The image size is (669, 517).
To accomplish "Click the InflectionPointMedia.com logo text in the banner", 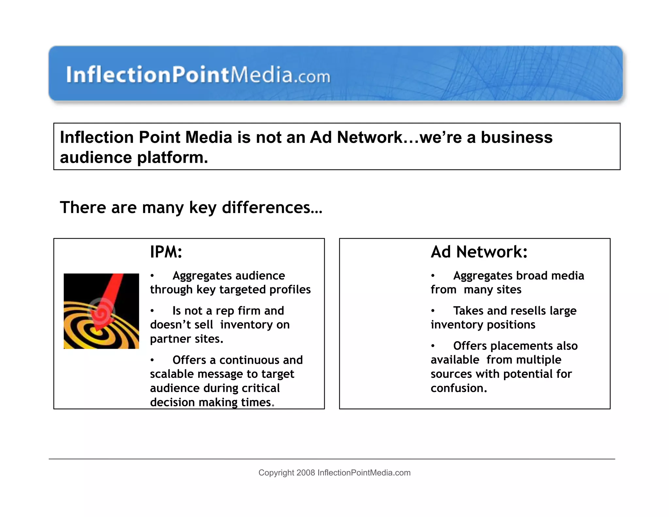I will pyautogui.click(x=198, y=75).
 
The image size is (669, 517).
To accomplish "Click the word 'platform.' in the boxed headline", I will pyautogui.click(x=172, y=158).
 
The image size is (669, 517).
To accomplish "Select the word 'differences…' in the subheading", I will pyautogui.click(x=272, y=208).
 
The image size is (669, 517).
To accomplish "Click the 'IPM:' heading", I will pyautogui.click(x=166, y=252).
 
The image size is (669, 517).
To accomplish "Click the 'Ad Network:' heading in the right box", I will pyautogui.click(x=479, y=252).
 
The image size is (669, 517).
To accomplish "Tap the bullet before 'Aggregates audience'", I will pyautogui.click(x=152, y=276).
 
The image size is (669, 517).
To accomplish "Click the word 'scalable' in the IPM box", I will pyautogui.click(x=171, y=374).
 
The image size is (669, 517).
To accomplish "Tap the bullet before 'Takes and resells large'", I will pyautogui.click(x=433, y=311).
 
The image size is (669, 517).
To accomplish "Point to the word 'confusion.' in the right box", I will pyautogui.click(x=459, y=388).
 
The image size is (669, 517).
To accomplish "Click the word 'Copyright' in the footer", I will pyautogui.click(x=276, y=473).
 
